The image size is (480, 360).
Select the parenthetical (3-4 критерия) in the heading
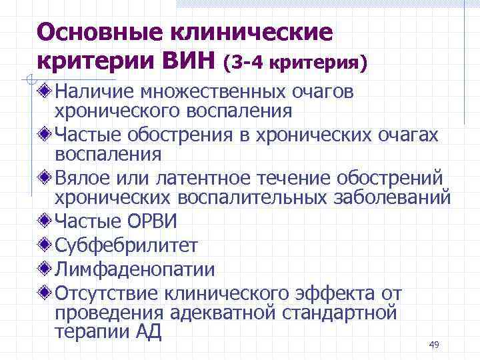296,63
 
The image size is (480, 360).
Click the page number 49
434,344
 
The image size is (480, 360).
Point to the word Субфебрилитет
126,245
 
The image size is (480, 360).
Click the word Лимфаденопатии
135,269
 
